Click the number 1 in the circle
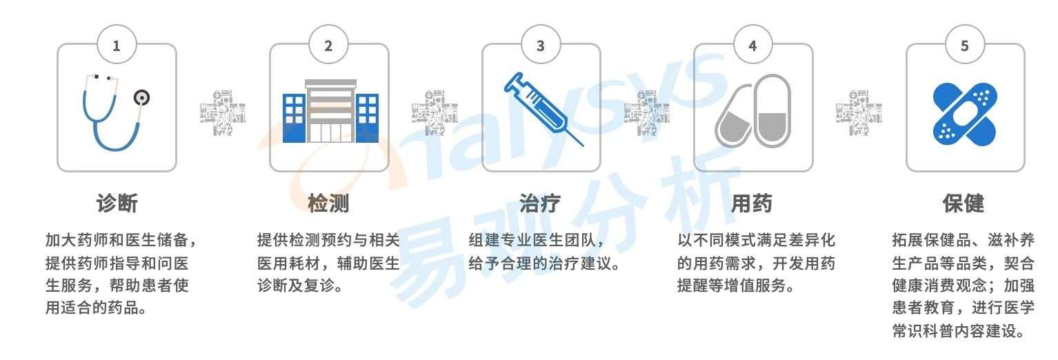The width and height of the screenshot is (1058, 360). pyautogui.click(x=116, y=46)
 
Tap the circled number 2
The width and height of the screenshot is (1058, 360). pyautogui.click(x=328, y=46)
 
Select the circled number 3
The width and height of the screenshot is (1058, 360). pyautogui.click(x=540, y=46)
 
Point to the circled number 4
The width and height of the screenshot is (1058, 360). pyautogui.click(x=752, y=46)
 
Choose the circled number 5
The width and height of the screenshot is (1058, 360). pyautogui.click(x=964, y=46)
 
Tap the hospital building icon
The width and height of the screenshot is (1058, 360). pyautogui.click(x=330, y=111)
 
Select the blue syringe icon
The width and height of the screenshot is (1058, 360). pyautogui.click(x=543, y=109)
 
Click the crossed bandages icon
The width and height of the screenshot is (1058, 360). pyautogui.click(x=964, y=114)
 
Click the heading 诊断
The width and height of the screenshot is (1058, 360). pyautogui.click(x=117, y=203)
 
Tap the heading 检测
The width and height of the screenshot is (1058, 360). pyautogui.click(x=328, y=203)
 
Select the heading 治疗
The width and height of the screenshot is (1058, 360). pyautogui.click(x=540, y=203)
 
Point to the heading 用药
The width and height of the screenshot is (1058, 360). pyautogui.click(x=752, y=203)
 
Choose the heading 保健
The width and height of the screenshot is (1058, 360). pyautogui.click(x=964, y=203)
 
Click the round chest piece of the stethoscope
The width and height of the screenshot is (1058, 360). pyautogui.click(x=141, y=98)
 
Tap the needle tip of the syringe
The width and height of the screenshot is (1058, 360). pyautogui.click(x=583, y=146)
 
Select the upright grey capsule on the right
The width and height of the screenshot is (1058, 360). pyautogui.click(x=772, y=110)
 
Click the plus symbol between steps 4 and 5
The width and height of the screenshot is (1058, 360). pyautogui.click(x=858, y=113)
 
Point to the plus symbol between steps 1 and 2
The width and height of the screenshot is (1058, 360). pyautogui.click(x=223, y=113)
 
